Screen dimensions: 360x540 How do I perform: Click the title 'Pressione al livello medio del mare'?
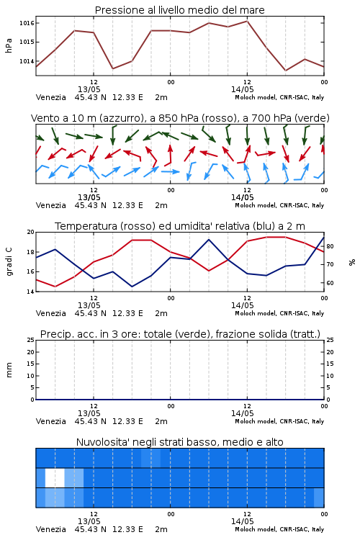pyautogui.click(x=179, y=10)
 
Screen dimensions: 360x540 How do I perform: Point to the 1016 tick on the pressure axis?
pyautogui.click(x=27, y=23)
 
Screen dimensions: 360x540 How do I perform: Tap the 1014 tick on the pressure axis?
pyautogui.click(x=27, y=61)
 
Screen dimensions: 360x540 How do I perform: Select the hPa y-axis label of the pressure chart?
pyautogui.click(x=9, y=45)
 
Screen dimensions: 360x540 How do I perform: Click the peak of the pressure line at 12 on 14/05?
pyautogui.click(x=247, y=21)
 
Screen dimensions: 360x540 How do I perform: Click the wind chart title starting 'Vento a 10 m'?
pyautogui.click(x=180, y=118)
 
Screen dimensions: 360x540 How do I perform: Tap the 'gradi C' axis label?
pyautogui.click(x=9, y=262)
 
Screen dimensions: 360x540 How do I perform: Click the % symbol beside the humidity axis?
pyautogui.click(x=352, y=262)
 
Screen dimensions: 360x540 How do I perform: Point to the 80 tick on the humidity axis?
pyautogui.click(x=330, y=246)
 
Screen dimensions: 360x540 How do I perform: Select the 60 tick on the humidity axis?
pyautogui.click(x=330, y=283)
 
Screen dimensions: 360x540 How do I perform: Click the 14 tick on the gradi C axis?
pyautogui.click(x=31, y=292)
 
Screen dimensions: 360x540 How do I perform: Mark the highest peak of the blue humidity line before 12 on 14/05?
pyautogui.click(x=209, y=239)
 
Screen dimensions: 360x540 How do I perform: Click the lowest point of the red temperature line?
pyautogui.click(x=55, y=287)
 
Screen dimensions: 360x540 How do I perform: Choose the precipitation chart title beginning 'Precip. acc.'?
pyautogui.click(x=180, y=334)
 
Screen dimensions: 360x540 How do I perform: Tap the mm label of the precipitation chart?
pyautogui.click(x=9, y=370)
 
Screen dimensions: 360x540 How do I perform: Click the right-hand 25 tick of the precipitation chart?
pyautogui.click(x=330, y=340)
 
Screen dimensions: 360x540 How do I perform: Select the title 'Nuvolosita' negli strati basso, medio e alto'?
pyautogui.click(x=179, y=442)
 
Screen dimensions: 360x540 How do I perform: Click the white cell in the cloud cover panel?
pyautogui.click(x=55, y=478)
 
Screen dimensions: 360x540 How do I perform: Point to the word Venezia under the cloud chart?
pyautogui.click(x=50, y=529)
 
